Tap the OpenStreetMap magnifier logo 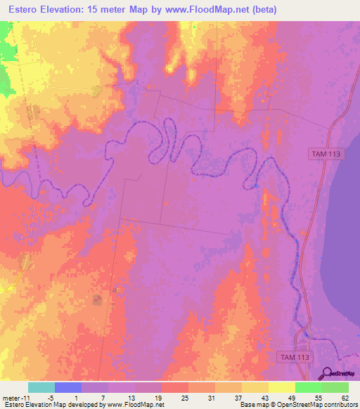[x=328, y=373]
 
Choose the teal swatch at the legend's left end [x=41, y=387]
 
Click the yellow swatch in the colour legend [x=281, y=387]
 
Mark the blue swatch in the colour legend [x=68, y=387]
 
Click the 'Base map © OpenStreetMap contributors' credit [x=298, y=405]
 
